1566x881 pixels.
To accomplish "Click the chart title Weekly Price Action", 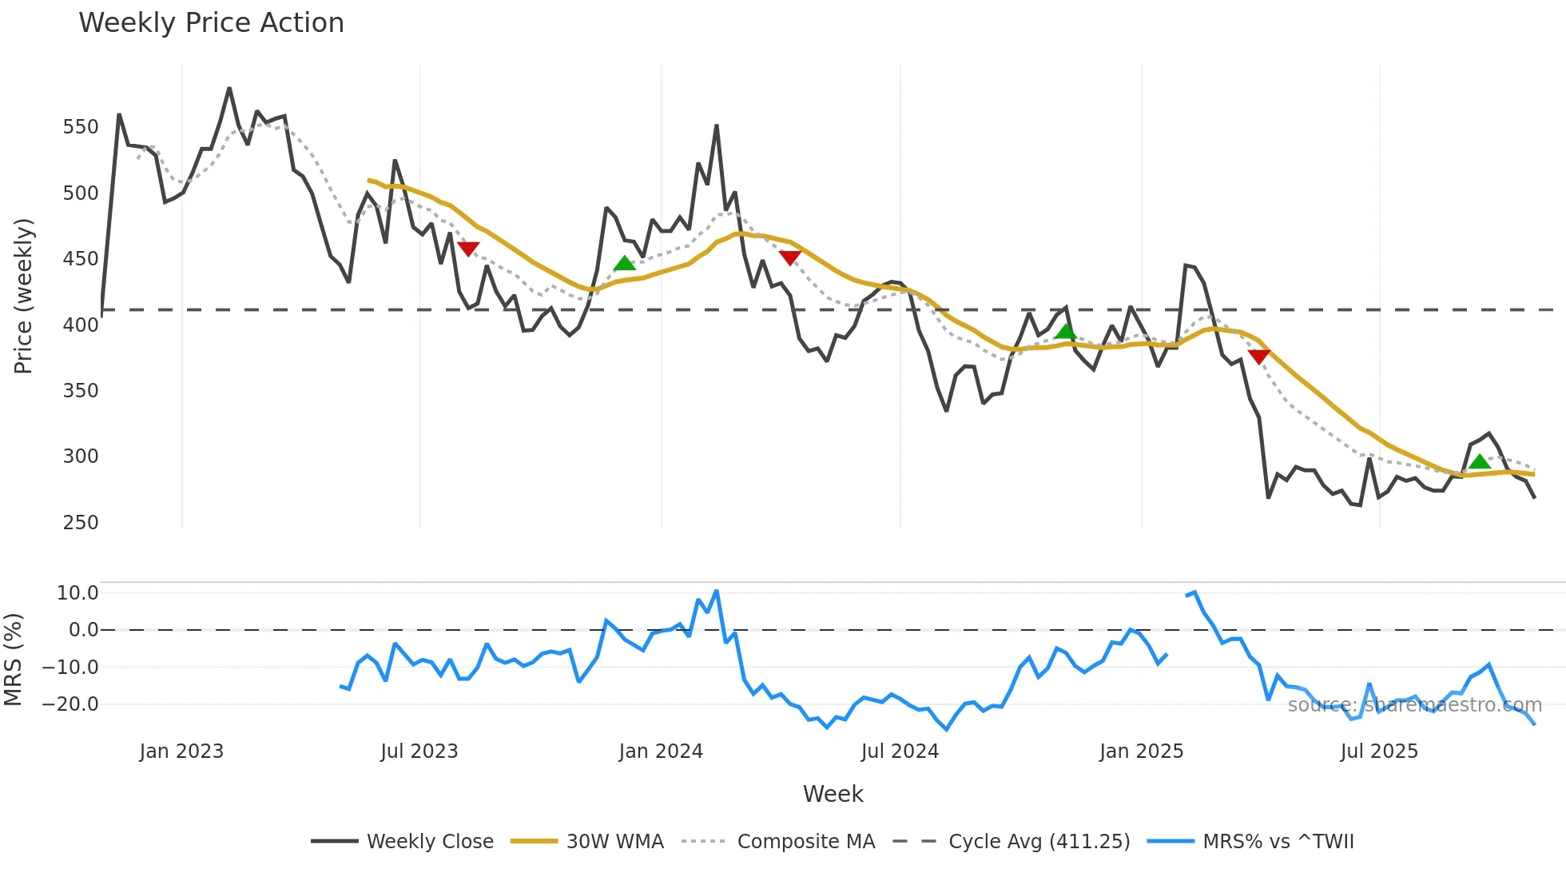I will (211, 23).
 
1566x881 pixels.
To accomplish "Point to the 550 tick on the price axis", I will (81, 127).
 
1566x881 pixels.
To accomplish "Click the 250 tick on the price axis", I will (81, 522).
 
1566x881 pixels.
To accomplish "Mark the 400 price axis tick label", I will (81, 325).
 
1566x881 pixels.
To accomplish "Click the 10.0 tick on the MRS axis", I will (78, 592).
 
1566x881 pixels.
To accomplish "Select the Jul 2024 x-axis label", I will (900, 751).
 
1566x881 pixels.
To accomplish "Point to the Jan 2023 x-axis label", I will (181, 751).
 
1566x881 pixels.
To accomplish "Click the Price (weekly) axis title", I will (24, 296).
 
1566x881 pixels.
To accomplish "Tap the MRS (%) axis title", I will (14, 660).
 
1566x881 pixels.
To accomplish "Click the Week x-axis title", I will (833, 794).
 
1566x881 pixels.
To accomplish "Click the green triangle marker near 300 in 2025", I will (1479, 462).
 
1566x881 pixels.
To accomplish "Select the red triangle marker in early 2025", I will (1258, 357).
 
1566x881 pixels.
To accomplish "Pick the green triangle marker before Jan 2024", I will (624, 264).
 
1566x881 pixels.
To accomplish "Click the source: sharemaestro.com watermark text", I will (1414, 705).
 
